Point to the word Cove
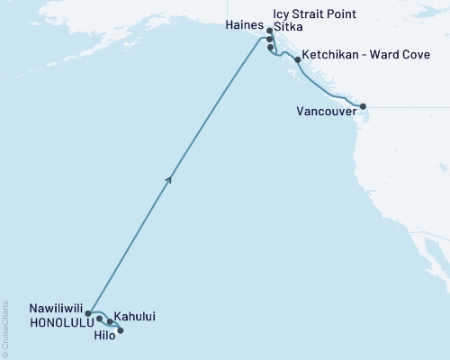tap(427, 55)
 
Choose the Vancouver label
tap(326, 112)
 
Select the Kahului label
tap(133, 318)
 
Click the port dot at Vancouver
tap(363, 107)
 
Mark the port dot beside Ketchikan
tap(297, 59)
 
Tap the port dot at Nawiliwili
tap(87, 314)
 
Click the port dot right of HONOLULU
tap(99, 319)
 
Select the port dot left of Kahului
tap(111, 321)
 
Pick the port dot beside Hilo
tap(121, 330)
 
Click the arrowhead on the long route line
tap(169, 180)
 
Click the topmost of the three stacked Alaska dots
tap(269, 31)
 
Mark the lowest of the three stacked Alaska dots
tap(270, 48)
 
